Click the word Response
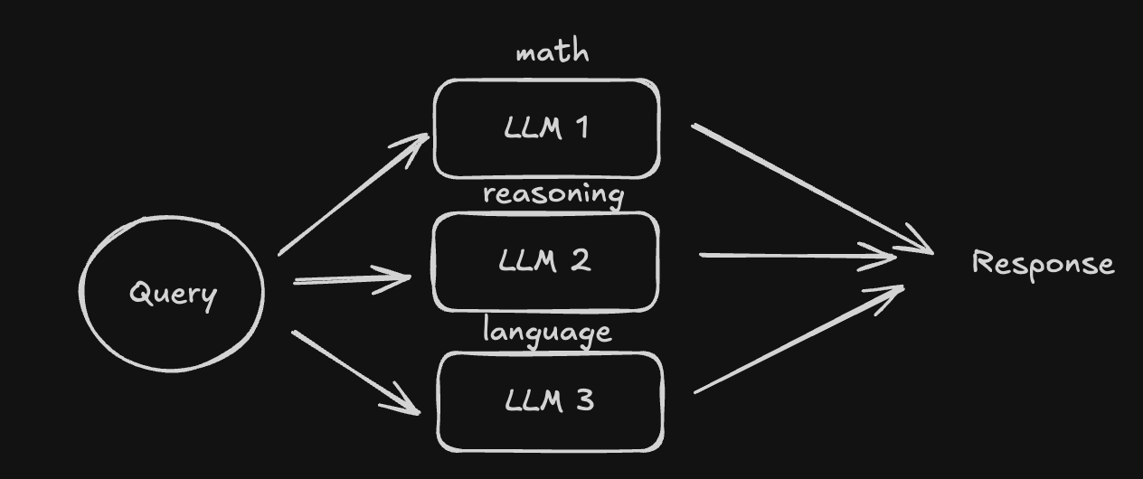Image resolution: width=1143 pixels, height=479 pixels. point(1043,263)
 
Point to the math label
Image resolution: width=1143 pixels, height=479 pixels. point(552,52)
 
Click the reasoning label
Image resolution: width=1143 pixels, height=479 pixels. point(553,194)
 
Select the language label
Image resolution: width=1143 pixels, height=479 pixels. point(547,332)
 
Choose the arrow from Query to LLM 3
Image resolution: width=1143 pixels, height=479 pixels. point(354,371)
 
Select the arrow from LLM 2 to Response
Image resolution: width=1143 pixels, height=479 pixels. point(796,256)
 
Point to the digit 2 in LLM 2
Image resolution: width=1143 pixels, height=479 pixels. point(581,260)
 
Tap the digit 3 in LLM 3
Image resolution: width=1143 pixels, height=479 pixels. point(584,399)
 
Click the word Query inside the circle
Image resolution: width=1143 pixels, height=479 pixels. point(173,294)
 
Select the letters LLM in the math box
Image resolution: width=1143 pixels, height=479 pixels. point(528,127)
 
